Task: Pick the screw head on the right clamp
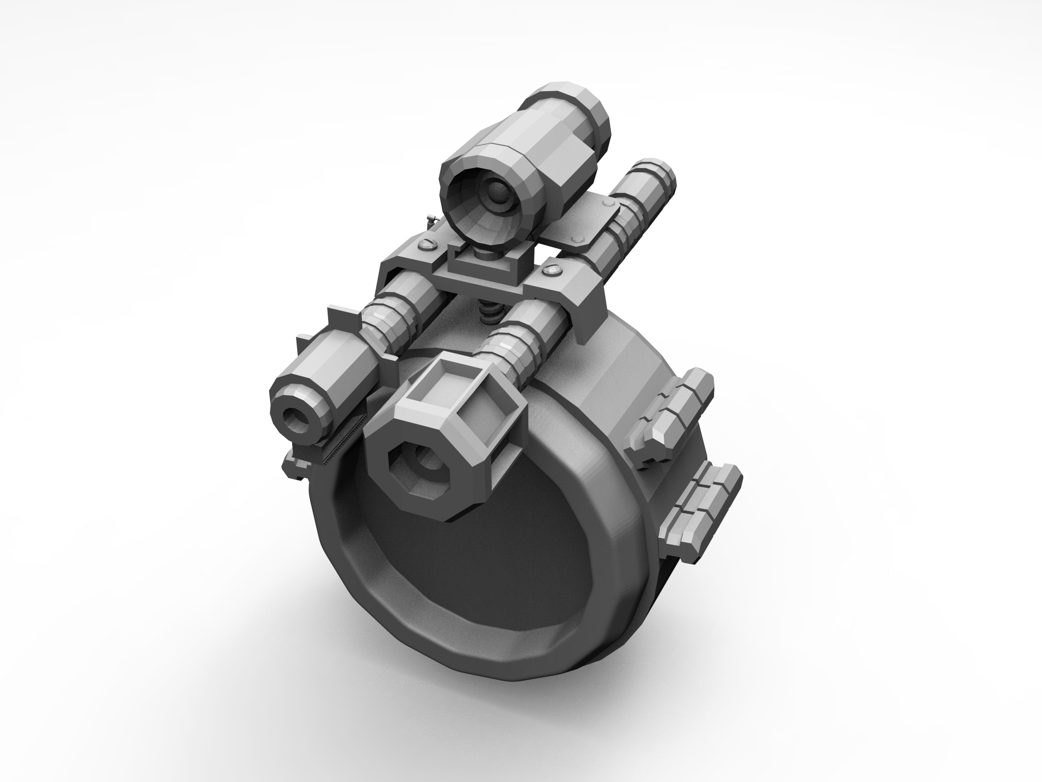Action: (551, 270)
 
